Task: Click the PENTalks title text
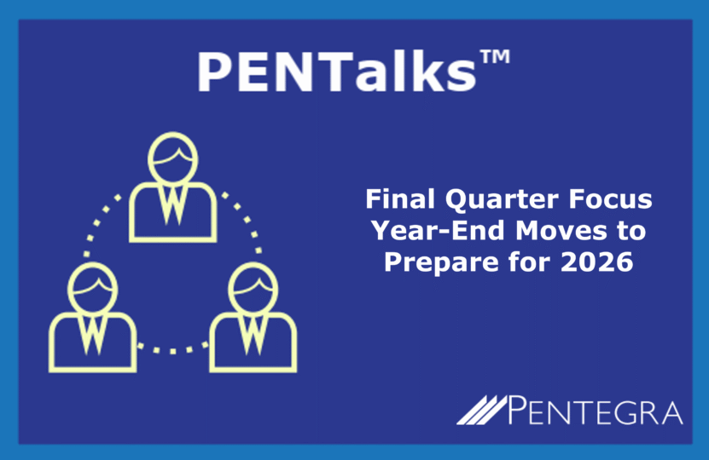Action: (336, 72)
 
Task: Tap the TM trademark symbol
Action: (495, 57)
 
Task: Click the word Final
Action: (400, 198)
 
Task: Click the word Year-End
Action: (438, 230)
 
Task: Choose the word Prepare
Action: (441, 262)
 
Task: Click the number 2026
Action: (597, 262)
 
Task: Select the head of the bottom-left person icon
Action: (93, 288)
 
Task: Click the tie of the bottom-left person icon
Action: (93, 335)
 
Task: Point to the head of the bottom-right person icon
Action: (253, 288)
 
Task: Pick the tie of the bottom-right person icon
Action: (253, 335)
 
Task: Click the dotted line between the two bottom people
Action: (172, 350)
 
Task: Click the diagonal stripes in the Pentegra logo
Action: (482, 410)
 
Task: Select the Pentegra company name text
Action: (595, 410)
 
